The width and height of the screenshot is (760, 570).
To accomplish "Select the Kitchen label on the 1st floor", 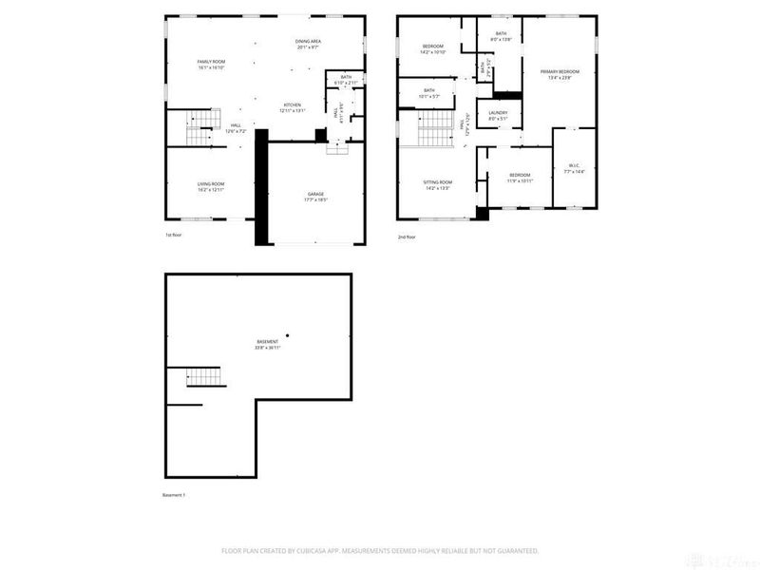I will tap(292, 107).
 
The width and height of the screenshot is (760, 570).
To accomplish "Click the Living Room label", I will tap(210, 186).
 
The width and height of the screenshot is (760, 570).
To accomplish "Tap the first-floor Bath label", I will tap(346, 80).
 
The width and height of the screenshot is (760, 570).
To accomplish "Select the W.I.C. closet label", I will tap(575, 168).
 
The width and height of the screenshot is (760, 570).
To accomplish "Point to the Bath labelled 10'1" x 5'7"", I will tap(429, 93).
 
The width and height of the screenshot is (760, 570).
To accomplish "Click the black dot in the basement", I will tap(287, 334).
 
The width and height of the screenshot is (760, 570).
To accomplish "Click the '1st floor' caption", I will tap(174, 236).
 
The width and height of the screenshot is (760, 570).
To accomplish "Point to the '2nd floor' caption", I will tap(406, 237).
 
